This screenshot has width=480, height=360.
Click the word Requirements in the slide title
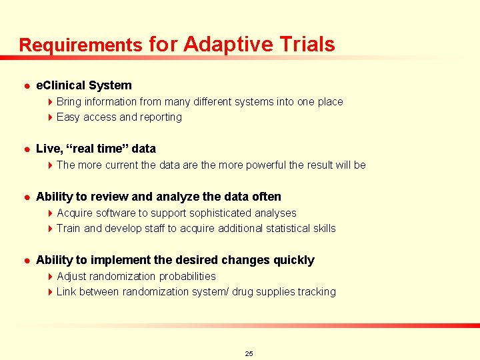[x=81, y=45]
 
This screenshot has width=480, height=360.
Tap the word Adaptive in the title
[x=227, y=45]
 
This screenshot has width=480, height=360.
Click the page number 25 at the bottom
[x=249, y=353]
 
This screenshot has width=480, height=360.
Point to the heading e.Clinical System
[x=83, y=85]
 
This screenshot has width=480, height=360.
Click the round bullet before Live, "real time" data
[x=24, y=149]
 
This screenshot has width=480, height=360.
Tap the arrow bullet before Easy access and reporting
[x=51, y=117]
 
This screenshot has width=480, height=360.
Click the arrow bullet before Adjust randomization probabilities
[x=51, y=276]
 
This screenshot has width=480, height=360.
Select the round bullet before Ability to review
[x=24, y=197]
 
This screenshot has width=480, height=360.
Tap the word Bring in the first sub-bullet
[x=68, y=101]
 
